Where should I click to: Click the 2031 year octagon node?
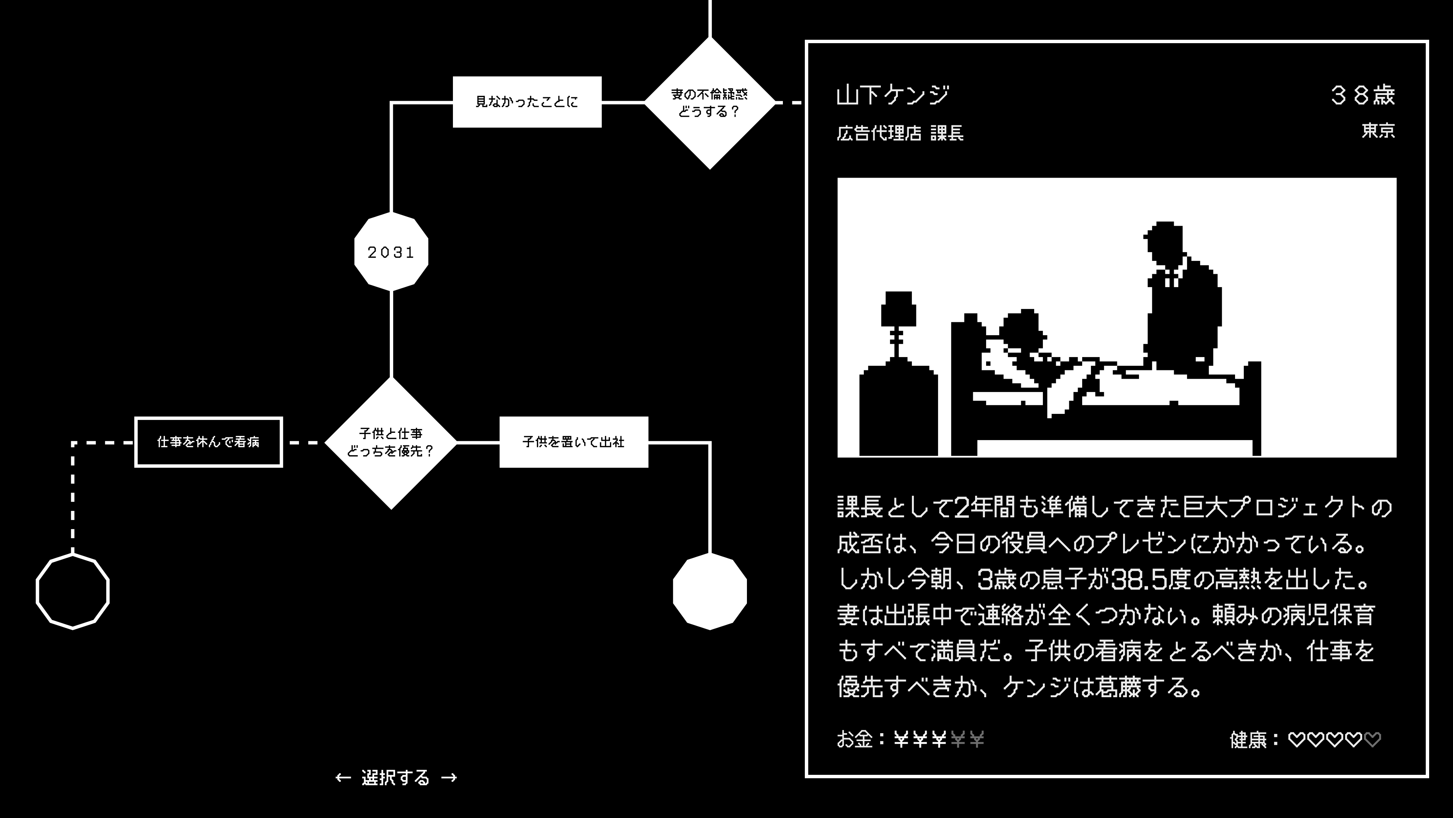391,252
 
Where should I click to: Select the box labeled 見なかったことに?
527,102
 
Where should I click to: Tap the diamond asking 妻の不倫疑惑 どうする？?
709,103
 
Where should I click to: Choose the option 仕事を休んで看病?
208,442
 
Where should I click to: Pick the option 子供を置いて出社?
574,442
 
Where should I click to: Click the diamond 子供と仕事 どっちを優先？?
391,443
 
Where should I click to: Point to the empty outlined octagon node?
73,591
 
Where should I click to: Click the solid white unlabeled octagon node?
709,591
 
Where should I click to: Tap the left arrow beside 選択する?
343,778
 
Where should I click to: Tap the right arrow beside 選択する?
449,778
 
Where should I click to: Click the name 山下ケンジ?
893,95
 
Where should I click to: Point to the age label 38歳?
1363,95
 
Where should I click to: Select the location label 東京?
1378,131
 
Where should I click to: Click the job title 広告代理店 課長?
900,133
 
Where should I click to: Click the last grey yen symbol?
977,739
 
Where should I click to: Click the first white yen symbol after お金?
901,739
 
